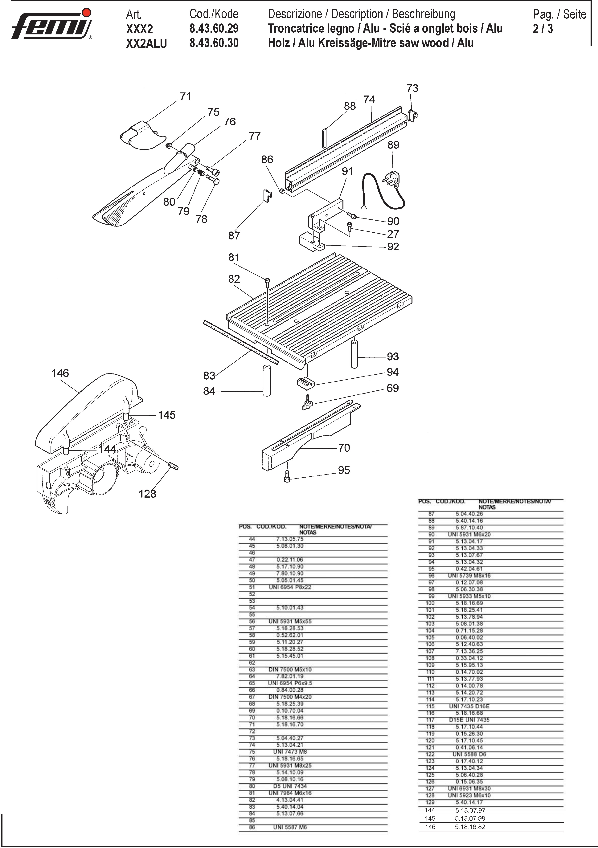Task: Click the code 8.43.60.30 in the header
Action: point(214,43)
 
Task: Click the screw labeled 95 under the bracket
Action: point(287,476)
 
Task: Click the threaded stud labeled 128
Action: point(173,465)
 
